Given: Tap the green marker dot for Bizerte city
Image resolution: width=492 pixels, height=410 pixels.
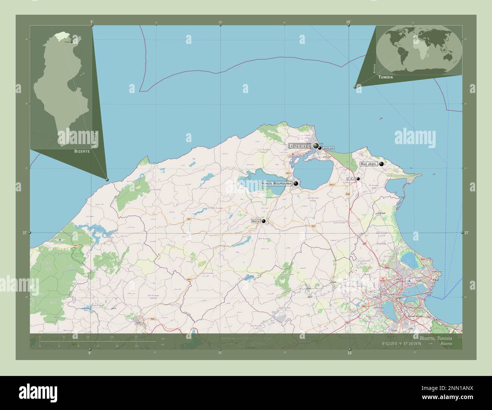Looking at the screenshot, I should click(x=316, y=146).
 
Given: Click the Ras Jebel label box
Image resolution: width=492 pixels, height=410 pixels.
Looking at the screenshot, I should click(x=369, y=164).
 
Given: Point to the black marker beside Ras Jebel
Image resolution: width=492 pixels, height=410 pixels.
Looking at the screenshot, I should click(x=381, y=164).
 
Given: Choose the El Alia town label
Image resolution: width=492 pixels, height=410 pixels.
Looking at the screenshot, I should click(x=351, y=179).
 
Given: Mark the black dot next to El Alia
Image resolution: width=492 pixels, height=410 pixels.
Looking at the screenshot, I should click(x=358, y=179).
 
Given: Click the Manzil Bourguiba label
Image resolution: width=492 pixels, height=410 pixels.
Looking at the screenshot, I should click(x=277, y=183).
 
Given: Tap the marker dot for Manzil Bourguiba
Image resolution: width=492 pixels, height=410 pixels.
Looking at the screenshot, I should click(x=296, y=183).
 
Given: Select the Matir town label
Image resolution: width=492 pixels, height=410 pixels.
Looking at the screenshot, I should click(x=256, y=221).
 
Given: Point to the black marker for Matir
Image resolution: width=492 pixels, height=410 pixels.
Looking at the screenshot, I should click(x=263, y=221).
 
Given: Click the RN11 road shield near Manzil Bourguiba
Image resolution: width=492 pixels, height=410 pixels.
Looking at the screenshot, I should click(x=288, y=173).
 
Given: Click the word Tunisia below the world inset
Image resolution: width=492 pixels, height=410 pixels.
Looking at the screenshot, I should click(x=385, y=77).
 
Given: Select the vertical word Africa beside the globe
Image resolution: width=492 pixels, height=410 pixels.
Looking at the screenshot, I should click(x=374, y=68).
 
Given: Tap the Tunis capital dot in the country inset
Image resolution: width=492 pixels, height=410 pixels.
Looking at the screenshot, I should click(x=71, y=42).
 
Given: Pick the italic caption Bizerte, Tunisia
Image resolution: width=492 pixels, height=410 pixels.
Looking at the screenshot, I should click(x=436, y=337).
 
